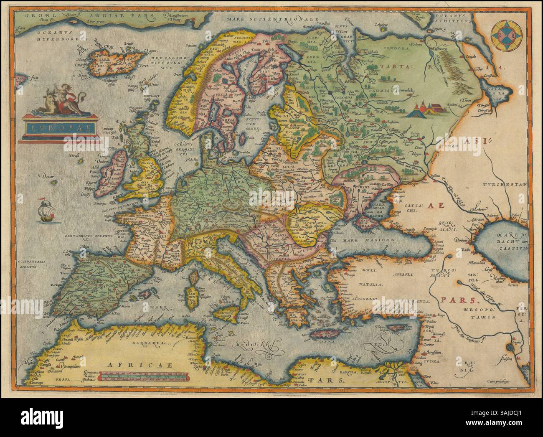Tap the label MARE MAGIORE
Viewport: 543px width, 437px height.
coord(362,241)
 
